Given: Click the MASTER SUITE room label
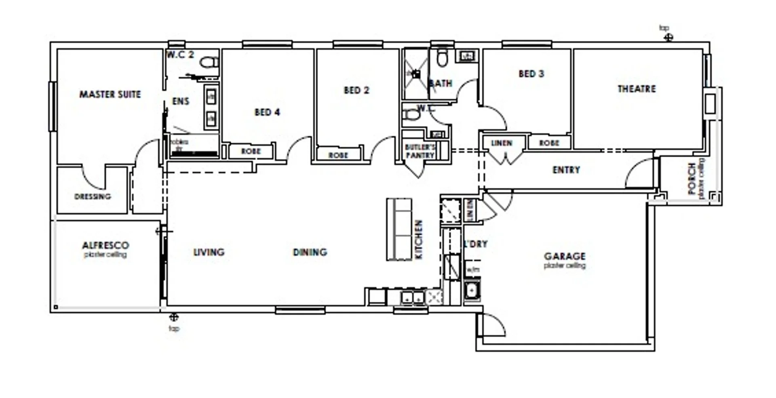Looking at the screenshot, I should pyautogui.click(x=110, y=95).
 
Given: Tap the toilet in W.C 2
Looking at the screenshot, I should pyautogui.click(x=209, y=62).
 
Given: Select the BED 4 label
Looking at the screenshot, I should pyautogui.click(x=267, y=112).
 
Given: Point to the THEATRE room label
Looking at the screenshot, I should pyautogui.click(x=637, y=89).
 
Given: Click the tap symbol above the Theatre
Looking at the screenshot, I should pyautogui.click(x=669, y=38).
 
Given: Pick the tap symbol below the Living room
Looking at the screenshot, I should pyautogui.click(x=174, y=317).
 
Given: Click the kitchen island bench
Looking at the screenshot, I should pyautogui.click(x=399, y=229).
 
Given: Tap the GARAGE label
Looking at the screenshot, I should pyautogui.click(x=565, y=256).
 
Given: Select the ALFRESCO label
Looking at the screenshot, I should pyautogui.click(x=105, y=245).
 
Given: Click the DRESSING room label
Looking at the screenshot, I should pyautogui.click(x=93, y=197).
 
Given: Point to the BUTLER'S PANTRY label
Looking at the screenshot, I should pyautogui.click(x=420, y=151).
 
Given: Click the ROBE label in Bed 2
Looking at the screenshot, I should pyautogui.click(x=338, y=155).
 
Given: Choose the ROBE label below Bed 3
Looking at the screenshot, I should pyautogui.click(x=549, y=143).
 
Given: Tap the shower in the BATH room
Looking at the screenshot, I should pyautogui.click(x=416, y=74).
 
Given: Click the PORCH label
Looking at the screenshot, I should pyautogui.click(x=692, y=178).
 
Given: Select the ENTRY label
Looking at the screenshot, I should pyautogui.click(x=566, y=170).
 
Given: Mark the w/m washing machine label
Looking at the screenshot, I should pyautogui.click(x=472, y=270).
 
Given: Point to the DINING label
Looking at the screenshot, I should pyautogui.click(x=310, y=253).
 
